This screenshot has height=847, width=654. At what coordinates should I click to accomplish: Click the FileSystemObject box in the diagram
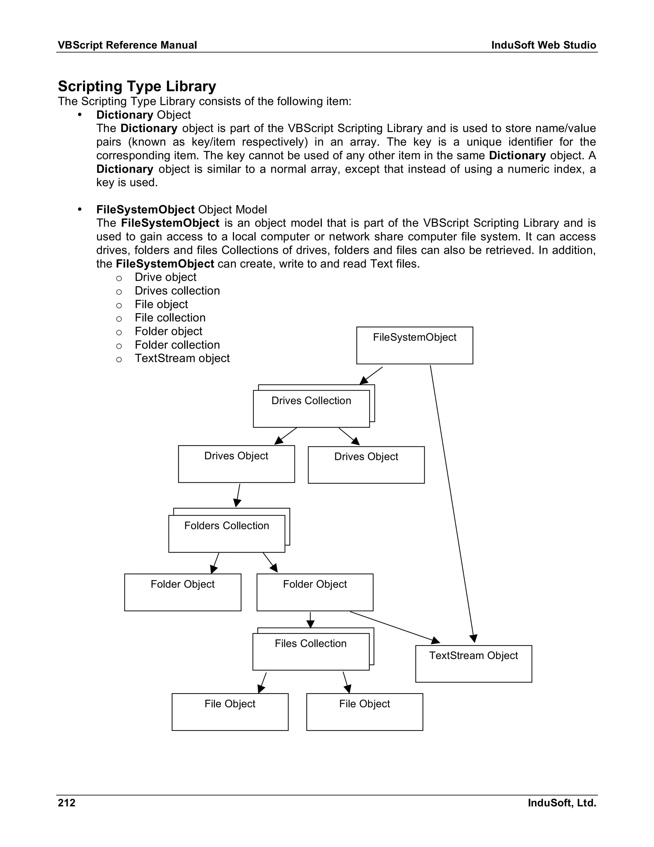[x=414, y=345]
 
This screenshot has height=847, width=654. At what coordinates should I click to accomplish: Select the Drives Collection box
[x=311, y=408]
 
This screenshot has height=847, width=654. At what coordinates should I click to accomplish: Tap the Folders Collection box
[x=227, y=533]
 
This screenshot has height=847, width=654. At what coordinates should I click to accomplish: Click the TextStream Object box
[x=474, y=664]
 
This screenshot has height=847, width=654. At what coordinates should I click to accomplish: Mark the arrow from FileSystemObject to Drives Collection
[x=371, y=376]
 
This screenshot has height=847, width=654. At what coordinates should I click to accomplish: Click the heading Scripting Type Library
[x=137, y=86]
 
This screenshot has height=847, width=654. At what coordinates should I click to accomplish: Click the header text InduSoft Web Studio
[x=544, y=45]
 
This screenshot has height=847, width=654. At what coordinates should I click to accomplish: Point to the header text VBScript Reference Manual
[x=127, y=45]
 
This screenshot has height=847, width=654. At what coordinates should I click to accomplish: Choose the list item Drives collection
[x=177, y=291]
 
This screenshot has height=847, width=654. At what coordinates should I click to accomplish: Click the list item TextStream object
[x=182, y=358]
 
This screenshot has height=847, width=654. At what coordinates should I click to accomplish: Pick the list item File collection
[x=170, y=318]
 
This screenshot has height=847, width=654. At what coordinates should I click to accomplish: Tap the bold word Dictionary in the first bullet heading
[x=125, y=115]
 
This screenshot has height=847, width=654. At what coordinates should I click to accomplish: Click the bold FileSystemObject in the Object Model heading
[x=145, y=209]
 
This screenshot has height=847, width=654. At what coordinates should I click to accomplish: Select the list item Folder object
[x=169, y=331]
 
